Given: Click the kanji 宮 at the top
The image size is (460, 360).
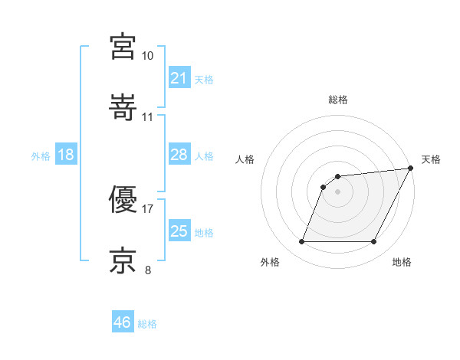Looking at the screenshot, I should pyautogui.click(x=123, y=47).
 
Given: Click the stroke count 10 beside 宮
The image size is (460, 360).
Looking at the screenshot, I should pyautogui.click(x=147, y=56).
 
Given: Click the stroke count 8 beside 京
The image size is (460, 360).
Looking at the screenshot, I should pyautogui.click(x=147, y=269).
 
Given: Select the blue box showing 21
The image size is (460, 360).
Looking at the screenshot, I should pyautogui.click(x=179, y=78).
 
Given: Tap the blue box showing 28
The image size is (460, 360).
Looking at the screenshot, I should pyautogui.click(x=179, y=155).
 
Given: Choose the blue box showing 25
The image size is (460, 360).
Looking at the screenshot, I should pyautogui.click(x=179, y=231).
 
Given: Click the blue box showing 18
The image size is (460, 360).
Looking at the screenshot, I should pyautogui.click(x=66, y=155).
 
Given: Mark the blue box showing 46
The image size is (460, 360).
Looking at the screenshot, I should pyautogui.click(x=122, y=322).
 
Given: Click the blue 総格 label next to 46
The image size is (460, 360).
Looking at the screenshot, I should pyautogui.click(x=147, y=324).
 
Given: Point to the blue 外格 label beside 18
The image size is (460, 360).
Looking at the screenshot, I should pyautogui.click(x=41, y=156).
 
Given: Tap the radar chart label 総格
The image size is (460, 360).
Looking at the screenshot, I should pyautogui.click(x=338, y=100).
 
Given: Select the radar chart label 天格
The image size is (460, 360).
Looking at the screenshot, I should pyautogui.click(x=431, y=159).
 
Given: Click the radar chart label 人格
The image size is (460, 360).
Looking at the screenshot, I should pyautogui.click(x=245, y=159).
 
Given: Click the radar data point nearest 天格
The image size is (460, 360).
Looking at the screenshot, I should pyautogui.click(x=411, y=168).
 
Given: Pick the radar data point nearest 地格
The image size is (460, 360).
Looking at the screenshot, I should pyautogui.click(x=374, y=242).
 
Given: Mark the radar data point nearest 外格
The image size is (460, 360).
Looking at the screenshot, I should pyautogui.click(x=301, y=242).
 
